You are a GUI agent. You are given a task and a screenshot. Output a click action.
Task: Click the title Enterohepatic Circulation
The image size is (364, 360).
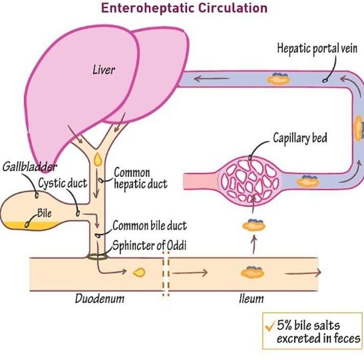click(184, 8)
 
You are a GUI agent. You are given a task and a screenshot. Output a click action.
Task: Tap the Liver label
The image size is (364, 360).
click(103, 69)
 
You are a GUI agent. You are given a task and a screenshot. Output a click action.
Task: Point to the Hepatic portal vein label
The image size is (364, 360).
click(317, 50)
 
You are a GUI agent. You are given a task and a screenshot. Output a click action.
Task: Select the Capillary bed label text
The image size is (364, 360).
click(300, 138)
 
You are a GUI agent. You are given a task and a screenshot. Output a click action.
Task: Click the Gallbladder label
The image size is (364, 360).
click(30, 167)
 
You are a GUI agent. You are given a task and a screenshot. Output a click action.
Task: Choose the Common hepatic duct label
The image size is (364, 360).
click(140, 178)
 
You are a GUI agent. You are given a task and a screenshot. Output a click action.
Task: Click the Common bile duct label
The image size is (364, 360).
click(149, 226)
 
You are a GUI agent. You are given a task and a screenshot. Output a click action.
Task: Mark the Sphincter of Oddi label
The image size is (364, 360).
click(149, 245)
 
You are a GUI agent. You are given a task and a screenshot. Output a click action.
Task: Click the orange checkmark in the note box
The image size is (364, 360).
click(269, 326)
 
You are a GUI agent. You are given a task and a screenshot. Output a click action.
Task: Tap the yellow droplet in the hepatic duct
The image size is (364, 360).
click(98, 159)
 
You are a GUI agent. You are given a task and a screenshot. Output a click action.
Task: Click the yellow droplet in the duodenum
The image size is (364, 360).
click(139, 273)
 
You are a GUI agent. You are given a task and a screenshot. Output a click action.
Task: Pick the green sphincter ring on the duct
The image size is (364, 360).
click(97, 257)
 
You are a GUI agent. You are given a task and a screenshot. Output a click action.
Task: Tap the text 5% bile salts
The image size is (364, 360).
click(308, 325)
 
